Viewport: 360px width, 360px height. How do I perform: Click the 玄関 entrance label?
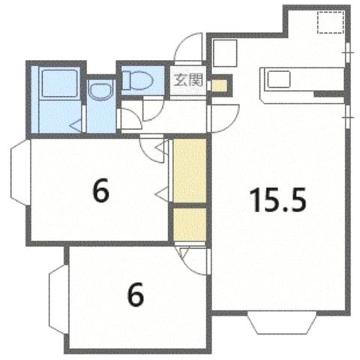pyautogui.click(x=188, y=80)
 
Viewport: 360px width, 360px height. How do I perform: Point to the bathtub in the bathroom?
pyautogui.click(x=59, y=83)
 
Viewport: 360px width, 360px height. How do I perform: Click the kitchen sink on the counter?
pyautogui.click(x=279, y=79)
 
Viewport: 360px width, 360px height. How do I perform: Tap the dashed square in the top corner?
pyautogui.click(x=331, y=22)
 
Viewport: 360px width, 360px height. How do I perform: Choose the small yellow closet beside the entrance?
pyautogui.click(x=219, y=85)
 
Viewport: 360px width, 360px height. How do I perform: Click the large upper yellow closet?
pyautogui.click(x=190, y=171)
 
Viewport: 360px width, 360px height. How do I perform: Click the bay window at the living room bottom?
pyautogui.click(x=282, y=322)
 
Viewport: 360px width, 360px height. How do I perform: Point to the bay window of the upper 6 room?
pyautogui.click(x=20, y=172)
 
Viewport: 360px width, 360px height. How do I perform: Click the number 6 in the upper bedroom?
pyautogui.click(x=100, y=191)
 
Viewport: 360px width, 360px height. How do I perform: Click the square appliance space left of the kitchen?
pyautogui.click(x=225, y=53)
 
